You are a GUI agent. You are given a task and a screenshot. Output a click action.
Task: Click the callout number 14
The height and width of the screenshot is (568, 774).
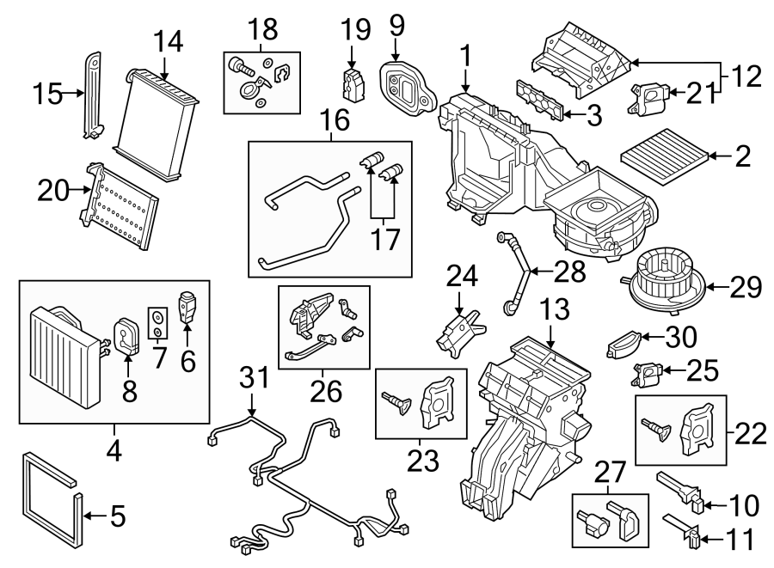169,40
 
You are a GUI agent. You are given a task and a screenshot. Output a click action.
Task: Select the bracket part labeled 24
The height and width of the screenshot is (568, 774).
462,331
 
